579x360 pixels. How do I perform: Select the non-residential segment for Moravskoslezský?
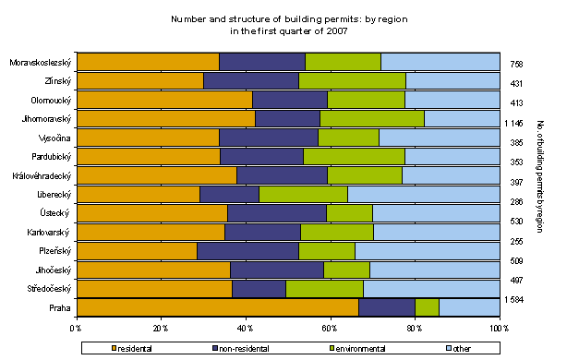(x=262, y=62)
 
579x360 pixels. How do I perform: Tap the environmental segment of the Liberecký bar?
(x=303, y=194)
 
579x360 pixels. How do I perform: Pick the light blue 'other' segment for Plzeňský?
(x=427, y=251)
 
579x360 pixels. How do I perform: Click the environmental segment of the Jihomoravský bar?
(x=372, y=118)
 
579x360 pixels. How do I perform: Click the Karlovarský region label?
(x=49, y=232)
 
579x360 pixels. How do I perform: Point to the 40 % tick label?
(x=245, y=327)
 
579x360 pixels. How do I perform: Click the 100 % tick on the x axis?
(x=499, y=327)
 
